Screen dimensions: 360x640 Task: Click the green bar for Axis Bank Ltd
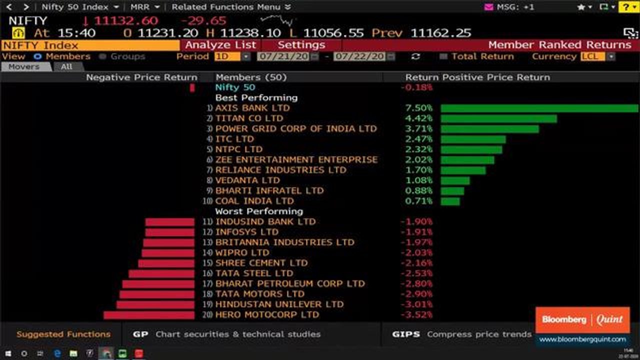pyautogui.click(x=539, y=108)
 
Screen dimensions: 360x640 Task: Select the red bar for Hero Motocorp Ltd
pyautogui.click(x=149, y=315)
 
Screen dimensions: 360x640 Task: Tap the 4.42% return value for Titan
pyautogui.click(x=419, y=118)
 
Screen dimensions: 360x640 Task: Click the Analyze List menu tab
pyautogui.click(x=220, y=45)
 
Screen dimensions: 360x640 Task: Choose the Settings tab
pyautogui.click(x=301, y=45)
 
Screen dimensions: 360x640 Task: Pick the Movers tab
pyautogui.click(x=24, y=67)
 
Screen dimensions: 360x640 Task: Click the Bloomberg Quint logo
pyautogui.click(x=582, y=319)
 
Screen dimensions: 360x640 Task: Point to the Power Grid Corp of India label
pyautogui.click(x=296, y=129)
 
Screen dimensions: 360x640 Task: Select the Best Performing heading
pyautogui.click(x=256, y=98)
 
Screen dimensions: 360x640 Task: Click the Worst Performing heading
pyautogui.click(x=259, y=211)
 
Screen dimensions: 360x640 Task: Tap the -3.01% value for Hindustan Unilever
pyautogui.click(x=416, y=304)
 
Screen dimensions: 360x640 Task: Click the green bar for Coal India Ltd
pyautogui.click(x=450, y=201)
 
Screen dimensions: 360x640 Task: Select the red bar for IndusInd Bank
pyautogui.click(x=170, y=222)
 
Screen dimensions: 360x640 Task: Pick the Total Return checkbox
pyautogui.click(x=443, y=56)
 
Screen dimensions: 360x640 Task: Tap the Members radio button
pyautogui.click(x=37, y=56)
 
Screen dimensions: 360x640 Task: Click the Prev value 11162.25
pyautogui.click(x=440, y=33)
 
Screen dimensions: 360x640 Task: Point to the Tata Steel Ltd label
pyautogui.click(x=254, y=273)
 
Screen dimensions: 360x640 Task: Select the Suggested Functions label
pyautogui.click(x=63, y=334)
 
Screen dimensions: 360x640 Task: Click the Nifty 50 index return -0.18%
pyautogui.click(x=416, y=87)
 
